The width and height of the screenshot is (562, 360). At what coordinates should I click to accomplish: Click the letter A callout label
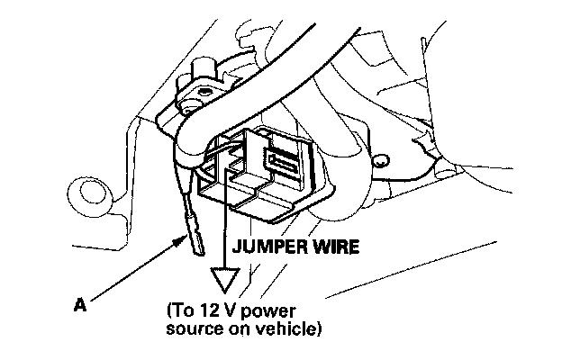(79, 305)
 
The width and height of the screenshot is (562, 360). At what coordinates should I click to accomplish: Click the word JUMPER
(265, 244)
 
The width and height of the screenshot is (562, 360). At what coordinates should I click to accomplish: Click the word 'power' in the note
(276, 311)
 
